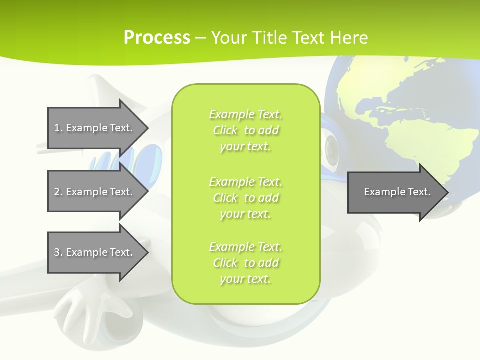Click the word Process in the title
[157, 38]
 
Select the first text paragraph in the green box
[246, 130]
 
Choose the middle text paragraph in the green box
[246, 197]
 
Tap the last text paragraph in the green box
[246, 263]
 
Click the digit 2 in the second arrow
[57, 192]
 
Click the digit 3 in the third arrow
[57, 252]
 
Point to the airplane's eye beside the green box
[332, 147]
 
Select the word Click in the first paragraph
[225, 130]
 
